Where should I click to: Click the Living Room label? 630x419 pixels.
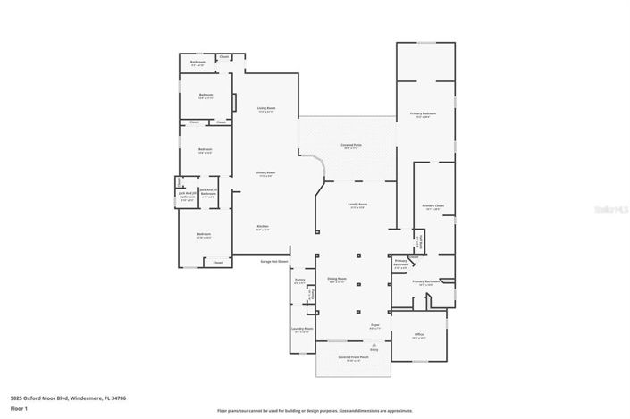[266, 109]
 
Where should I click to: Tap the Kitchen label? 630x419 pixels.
[263, 226]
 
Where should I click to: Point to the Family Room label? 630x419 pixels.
[357, 205]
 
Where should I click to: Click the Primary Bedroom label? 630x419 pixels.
[424, 114]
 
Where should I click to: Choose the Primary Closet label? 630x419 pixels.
[433, 207]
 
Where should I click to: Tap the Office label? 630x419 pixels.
[418, 336]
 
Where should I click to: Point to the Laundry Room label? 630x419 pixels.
[302, 329]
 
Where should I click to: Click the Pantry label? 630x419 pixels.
[299, 281]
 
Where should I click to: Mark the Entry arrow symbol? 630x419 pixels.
[374, 346]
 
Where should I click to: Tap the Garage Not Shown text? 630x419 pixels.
[274, 262]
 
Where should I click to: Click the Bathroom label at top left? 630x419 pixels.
[197, 63]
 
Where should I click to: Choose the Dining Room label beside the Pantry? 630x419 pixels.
[336, 279]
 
